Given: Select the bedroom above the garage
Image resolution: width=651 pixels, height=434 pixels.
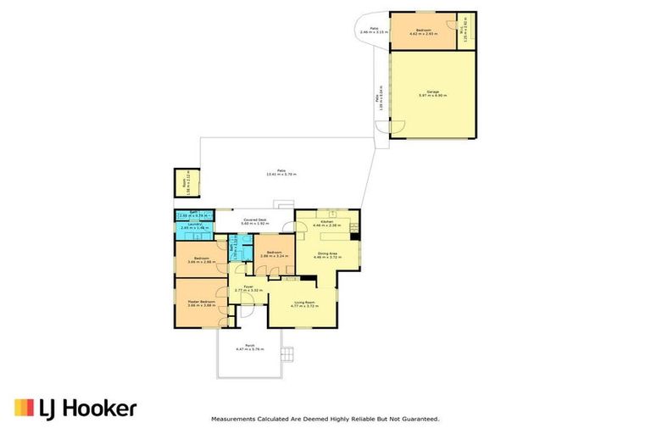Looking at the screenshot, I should pos(420,31).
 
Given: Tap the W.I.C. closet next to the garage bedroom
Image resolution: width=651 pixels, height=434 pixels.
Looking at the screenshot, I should pos(463,31).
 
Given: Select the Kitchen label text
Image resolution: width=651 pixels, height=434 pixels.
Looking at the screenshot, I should pos(326,223).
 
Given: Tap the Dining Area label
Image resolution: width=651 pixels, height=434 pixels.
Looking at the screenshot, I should pos(327,252).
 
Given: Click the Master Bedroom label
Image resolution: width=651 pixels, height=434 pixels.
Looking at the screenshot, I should pos(201,303).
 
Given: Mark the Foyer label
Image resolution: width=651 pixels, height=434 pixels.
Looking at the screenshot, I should pos(248,287).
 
